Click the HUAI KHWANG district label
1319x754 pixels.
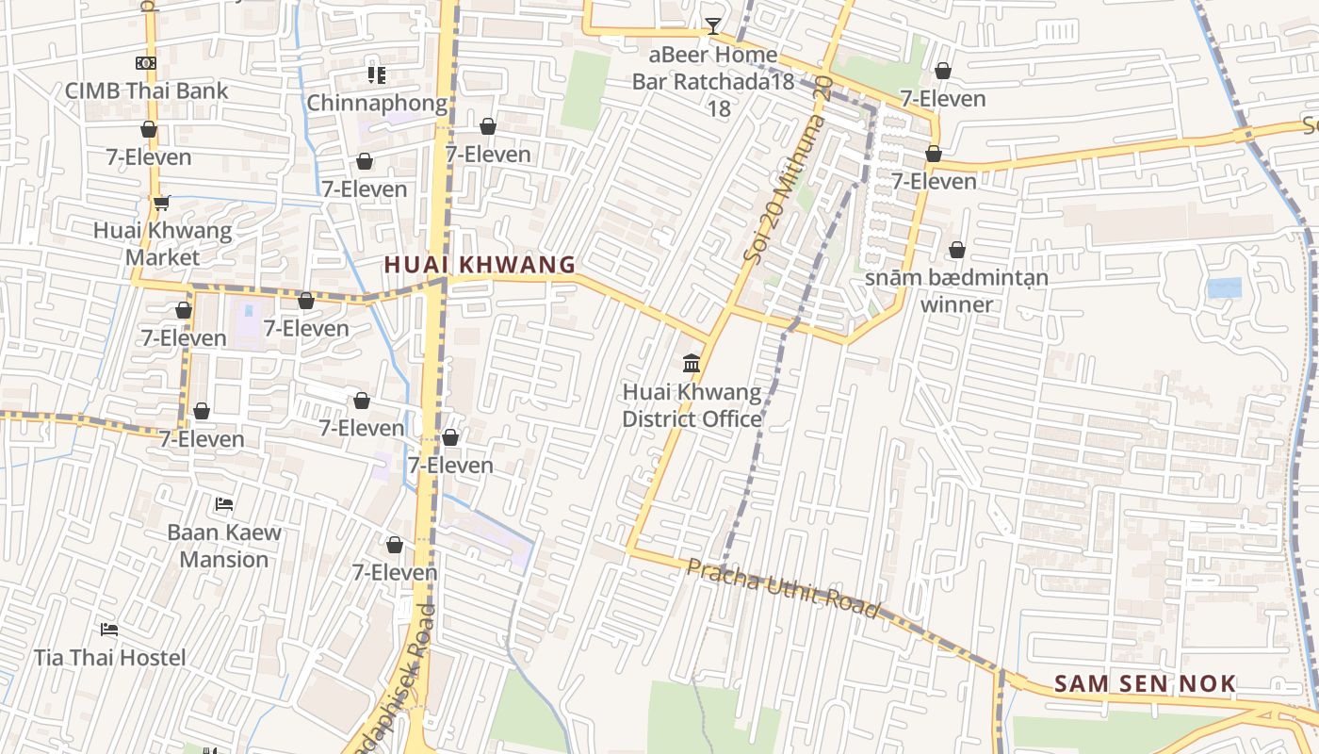click(x=480, y=265)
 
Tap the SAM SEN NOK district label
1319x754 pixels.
click(x=1145, y=684)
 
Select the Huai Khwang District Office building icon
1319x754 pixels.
click(x=692, y=363)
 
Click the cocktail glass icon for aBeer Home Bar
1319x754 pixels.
click(x=713, y=25)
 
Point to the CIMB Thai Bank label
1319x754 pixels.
click(x=146, y=90)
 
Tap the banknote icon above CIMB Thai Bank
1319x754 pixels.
click(x=145, y=63)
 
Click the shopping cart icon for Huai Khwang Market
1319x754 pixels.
click(x=161, y=203)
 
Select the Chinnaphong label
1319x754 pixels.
click(x=377, y=103)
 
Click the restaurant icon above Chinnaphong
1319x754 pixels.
click(x=377, y=74)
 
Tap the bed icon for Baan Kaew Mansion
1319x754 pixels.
click(x=224, y=504)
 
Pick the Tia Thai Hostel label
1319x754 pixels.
click(x=110, y=657)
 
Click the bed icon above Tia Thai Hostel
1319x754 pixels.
click(x=109, y=629)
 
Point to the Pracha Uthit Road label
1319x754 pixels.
click(x=783, y=588)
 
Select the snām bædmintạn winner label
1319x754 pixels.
click(x=956, y=290)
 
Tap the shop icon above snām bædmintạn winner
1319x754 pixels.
click(x=957, y=250)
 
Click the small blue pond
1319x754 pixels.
click(x=1224, y=288)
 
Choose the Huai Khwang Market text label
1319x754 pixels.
click(x=162, y=243)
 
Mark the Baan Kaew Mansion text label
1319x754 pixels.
click(x=224, y=545)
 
